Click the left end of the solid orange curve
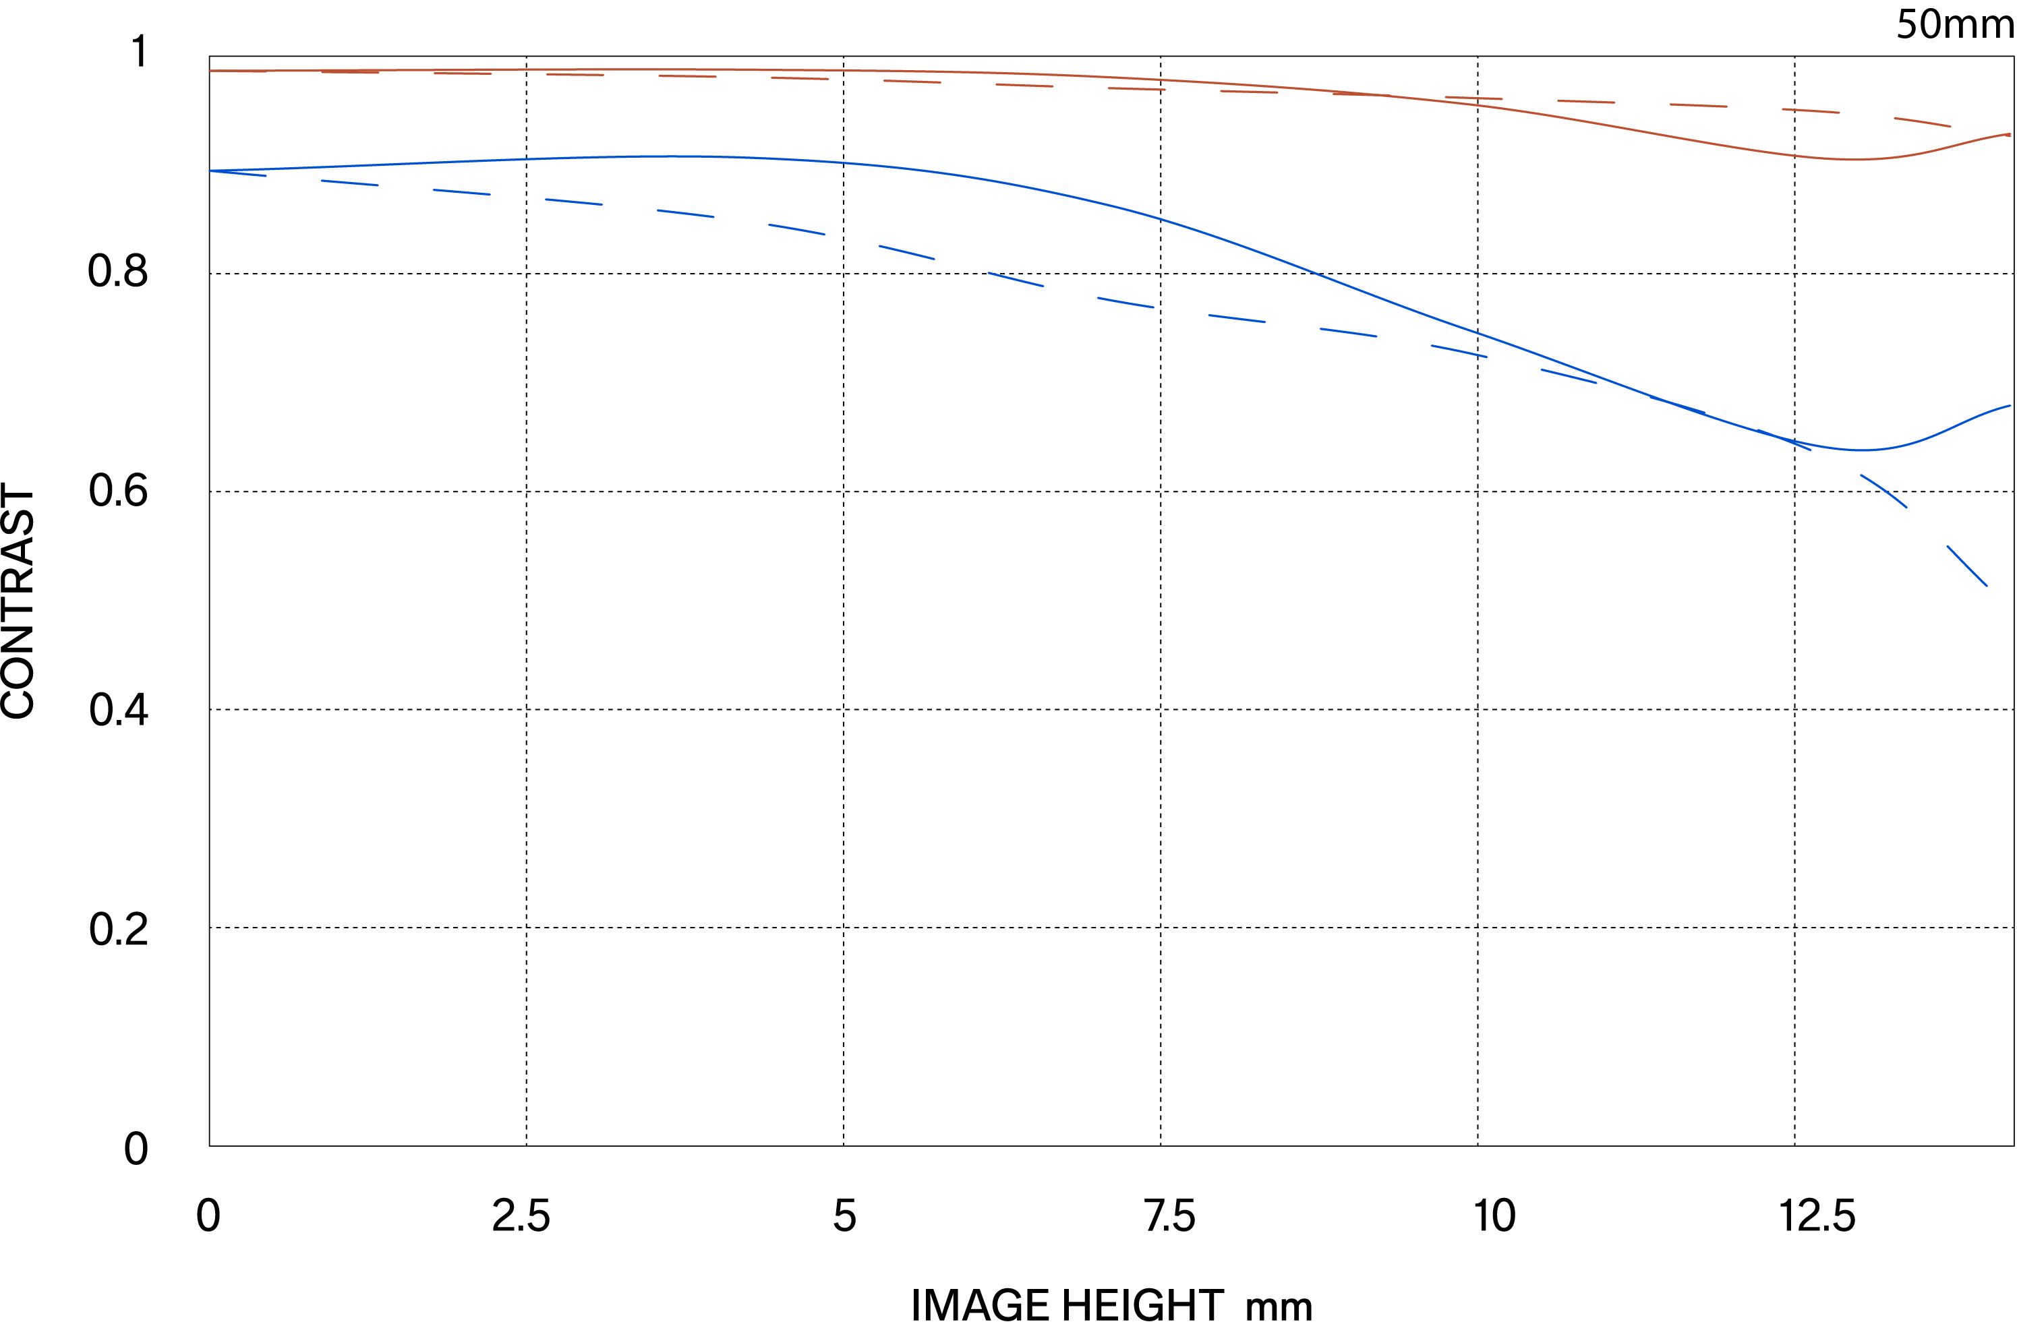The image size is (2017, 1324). [x=211, y=71]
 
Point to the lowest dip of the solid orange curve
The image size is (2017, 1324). [x=1856, y=159]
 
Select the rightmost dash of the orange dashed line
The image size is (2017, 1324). [x=1922, y=122]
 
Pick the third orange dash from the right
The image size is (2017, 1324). [x=1698, y=106]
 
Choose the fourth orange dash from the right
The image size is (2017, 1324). [x=1587, y=102]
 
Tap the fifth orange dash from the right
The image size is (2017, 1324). [x=1473, y=98]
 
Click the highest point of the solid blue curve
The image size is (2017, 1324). [x=678, y=156]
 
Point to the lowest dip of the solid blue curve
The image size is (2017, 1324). [x=1861, y=450]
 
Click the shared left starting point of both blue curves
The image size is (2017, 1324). [x=211, y=171]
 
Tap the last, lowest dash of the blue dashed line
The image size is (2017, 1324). [x=1967, y=566]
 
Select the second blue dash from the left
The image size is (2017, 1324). [x=350, y=183]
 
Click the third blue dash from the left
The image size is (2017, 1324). [x=462, y=192]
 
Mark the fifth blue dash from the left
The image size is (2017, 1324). [x=686, y=214]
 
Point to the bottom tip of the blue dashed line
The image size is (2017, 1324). [x=1987, y=585]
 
